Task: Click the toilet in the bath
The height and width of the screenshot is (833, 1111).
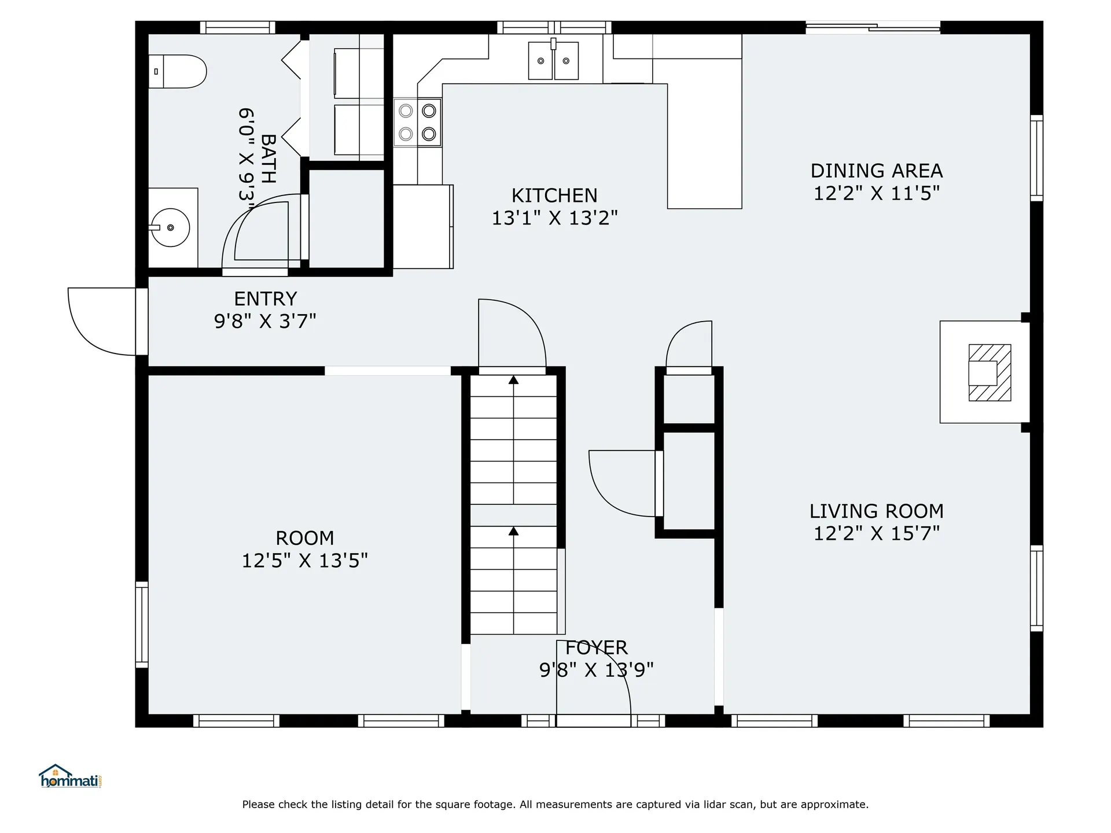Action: click(177, 72)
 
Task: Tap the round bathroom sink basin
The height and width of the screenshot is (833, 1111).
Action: click(170, 228)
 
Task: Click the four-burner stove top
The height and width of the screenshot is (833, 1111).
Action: click(418, 122)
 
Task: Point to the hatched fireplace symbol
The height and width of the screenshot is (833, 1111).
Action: click(990, 373)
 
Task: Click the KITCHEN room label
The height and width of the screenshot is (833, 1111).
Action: click(554, 196)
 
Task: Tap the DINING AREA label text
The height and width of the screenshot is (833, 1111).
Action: click(877, 171)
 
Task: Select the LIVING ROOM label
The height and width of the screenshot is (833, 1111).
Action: click(877, 511)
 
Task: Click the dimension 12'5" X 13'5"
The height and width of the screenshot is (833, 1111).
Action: click(305, 561)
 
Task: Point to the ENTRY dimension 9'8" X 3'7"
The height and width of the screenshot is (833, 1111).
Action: click(265, 321)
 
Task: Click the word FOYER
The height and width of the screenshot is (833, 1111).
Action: click(597, 647)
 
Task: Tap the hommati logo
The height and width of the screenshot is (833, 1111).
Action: click(71, 776)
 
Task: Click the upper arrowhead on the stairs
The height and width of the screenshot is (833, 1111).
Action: click(513, 379)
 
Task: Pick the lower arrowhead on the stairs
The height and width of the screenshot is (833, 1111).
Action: click(513, 530)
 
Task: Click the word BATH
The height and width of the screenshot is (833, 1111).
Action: click(268, 159)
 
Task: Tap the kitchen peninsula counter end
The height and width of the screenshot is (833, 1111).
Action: click(704, 191)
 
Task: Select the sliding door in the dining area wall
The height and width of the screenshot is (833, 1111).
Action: click(873, 27)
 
